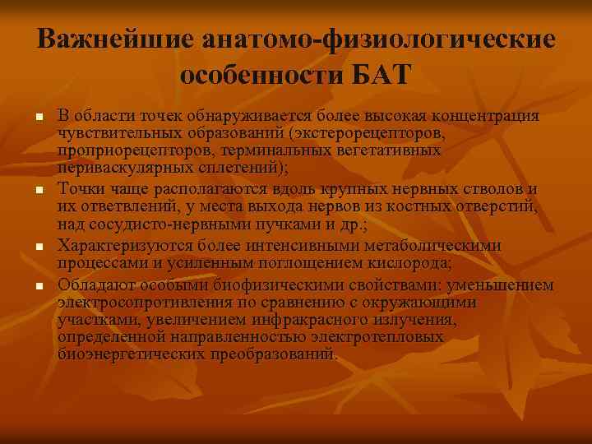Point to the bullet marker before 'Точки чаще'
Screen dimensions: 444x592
[38, 192]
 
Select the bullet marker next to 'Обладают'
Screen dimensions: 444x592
[38, 286]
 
